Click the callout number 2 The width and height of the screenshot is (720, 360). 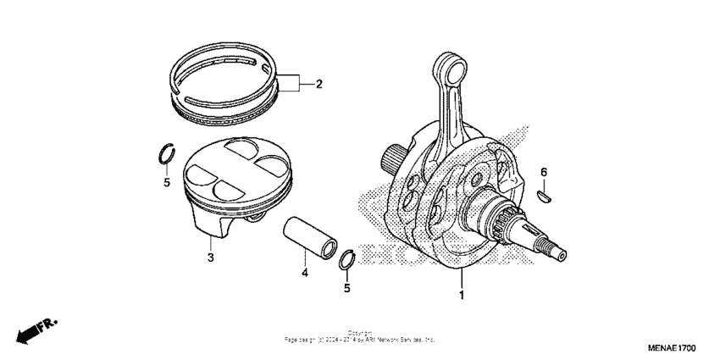click(319, 84)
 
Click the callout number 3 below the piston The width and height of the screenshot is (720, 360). click(209, 256)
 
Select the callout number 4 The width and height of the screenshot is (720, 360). click(303, 273)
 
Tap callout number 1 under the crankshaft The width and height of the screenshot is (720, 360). click(462, 296)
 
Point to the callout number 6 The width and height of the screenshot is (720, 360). click(544, 174)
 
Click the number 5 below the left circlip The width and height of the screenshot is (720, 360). click(167, 182)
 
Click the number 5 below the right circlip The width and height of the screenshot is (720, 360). click(346, 288)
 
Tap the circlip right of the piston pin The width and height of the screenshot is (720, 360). click(346, 259)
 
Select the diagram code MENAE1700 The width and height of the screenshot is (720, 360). click(672, 347)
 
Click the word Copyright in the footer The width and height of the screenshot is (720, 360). click(360, 333)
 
